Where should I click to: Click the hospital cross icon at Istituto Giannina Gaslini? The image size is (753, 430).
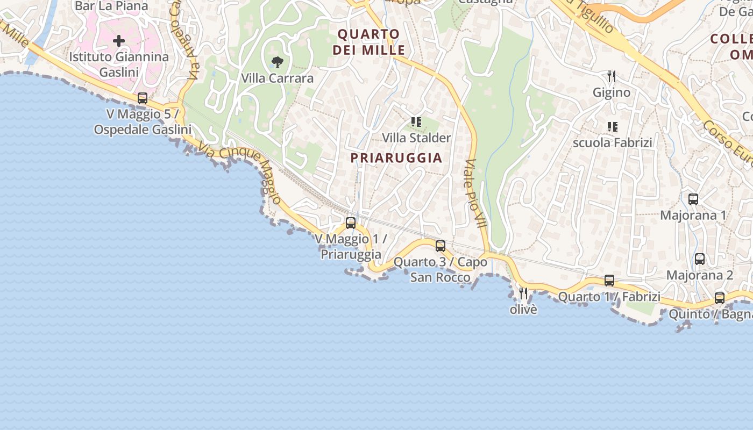point(119,41)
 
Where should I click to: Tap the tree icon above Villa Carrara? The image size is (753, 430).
point(277,62)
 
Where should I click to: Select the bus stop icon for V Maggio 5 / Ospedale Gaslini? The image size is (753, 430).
point(143,98)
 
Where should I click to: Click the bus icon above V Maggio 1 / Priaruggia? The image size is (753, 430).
point(351,223)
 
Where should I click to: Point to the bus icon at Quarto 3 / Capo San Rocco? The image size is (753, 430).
point(441,246)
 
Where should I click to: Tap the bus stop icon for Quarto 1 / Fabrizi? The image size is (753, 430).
point(609,281)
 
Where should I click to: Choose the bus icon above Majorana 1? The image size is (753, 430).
point(693,199)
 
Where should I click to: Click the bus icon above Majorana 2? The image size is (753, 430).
point(700,259)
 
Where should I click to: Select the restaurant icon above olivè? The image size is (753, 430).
point(523,293)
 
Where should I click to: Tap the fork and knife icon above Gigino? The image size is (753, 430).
point(612,76)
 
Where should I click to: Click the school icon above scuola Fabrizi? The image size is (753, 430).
point(612,127)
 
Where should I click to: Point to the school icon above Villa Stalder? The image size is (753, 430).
point(416,122)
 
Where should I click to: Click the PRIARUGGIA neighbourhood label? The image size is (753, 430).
point(396,158)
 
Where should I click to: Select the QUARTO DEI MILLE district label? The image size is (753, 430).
point(369,42)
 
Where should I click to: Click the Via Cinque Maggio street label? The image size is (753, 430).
point(240,172)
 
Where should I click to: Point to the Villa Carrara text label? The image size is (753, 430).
point(277,78)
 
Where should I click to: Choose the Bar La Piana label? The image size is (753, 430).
point(111,6)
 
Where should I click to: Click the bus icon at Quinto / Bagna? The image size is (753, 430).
point(720,298)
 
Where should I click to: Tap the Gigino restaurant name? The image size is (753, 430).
point(612,92)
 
